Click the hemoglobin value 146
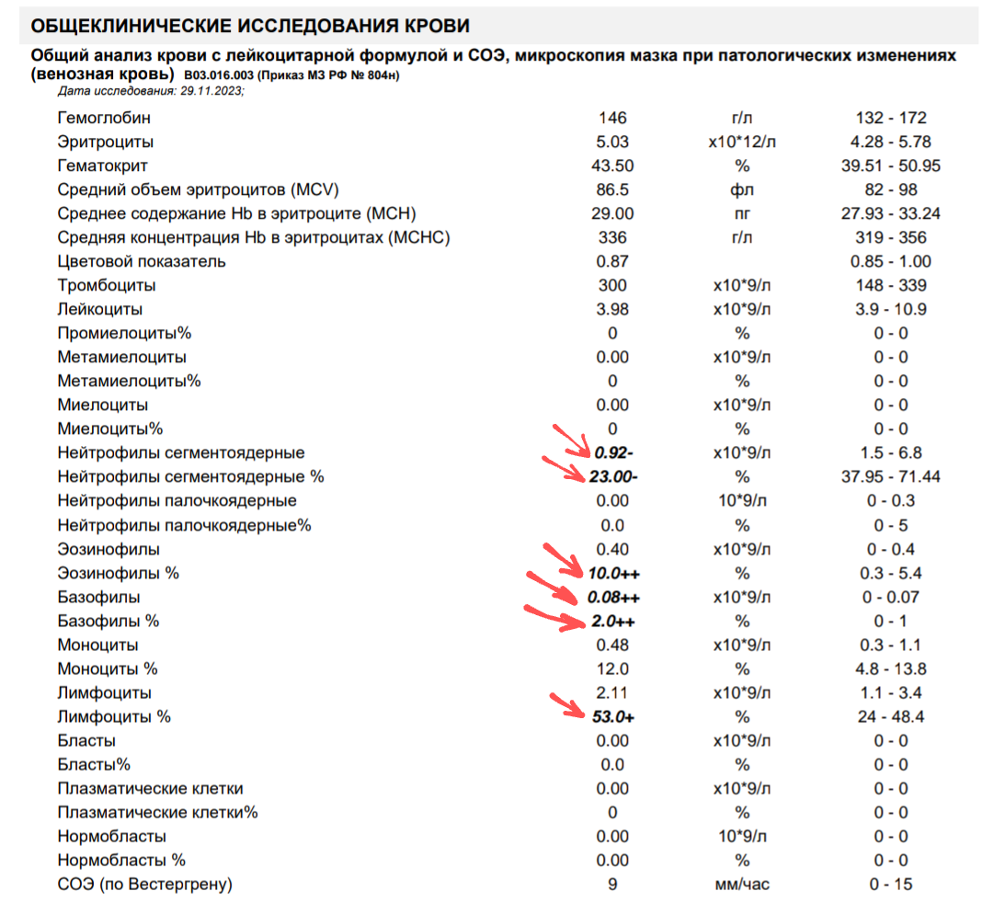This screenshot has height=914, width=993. point(612,118)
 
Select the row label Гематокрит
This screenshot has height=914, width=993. point(103,166)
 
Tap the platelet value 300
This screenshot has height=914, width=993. point(612,285)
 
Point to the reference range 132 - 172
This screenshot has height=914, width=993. point(890,118)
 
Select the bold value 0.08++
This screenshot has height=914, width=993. point(613,597)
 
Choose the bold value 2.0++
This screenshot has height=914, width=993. point(613,621)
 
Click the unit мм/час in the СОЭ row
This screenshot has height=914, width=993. point(742,885)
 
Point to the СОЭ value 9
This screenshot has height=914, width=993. point(612,885)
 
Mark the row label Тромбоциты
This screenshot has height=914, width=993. point(107,285)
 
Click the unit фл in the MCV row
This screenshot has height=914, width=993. point(742,189)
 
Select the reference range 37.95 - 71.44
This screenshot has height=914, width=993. point(890,477)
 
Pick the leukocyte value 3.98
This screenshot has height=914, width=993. point(612,309)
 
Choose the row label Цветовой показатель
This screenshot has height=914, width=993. point(142,261)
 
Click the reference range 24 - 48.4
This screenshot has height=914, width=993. point(890,716)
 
